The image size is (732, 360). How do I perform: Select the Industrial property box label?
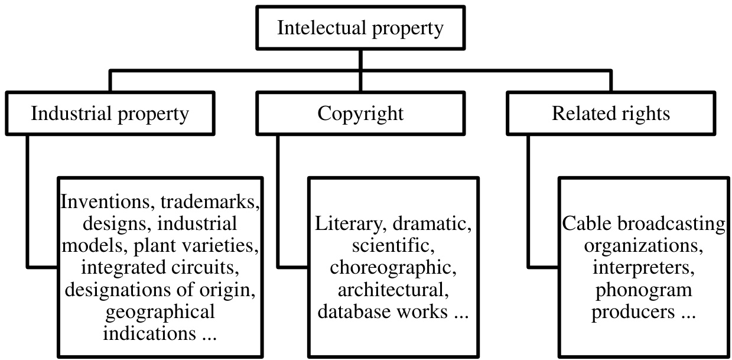(x=110, y=113)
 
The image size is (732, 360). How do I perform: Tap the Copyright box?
(x=360, y=113)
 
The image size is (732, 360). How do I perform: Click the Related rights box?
(x=611, y=113)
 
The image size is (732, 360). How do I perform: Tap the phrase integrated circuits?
(x=160, y=267)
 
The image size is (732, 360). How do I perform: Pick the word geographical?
(x=160, y=310)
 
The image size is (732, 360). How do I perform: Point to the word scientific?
(x=392, y=245)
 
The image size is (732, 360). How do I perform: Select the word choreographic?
(x=392, y=267)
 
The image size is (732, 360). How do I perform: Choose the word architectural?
(x=392, y=289)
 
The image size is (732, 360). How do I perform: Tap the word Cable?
(x=587, y=224)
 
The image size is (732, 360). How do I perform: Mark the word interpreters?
(x=643, y=267)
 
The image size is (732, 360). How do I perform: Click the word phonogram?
(x=643, y=289)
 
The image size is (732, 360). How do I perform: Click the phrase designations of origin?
(x=160, y=289)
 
